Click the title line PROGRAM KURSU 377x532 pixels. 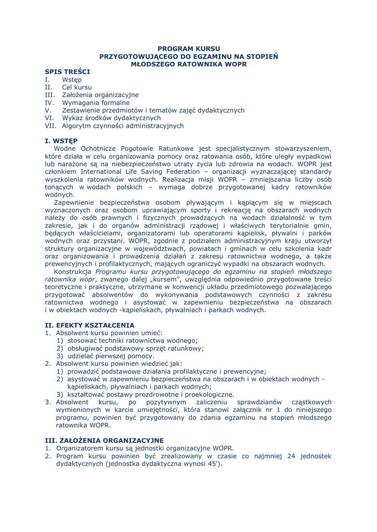[189, 48]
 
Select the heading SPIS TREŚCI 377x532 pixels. [68, 72]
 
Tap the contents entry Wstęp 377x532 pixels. [72, 79]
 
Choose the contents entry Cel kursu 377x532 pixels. [77, 87]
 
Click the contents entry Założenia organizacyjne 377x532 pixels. [100, 95]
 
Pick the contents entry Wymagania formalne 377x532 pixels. [96, 103]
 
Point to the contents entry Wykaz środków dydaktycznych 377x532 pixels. [111, 118]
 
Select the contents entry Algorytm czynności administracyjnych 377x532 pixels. [123, 126]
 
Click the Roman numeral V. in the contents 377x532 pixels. [48, 110]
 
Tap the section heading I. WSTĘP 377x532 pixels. [61, 140]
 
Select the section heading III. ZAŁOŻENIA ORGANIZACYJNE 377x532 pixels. [104, 440]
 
